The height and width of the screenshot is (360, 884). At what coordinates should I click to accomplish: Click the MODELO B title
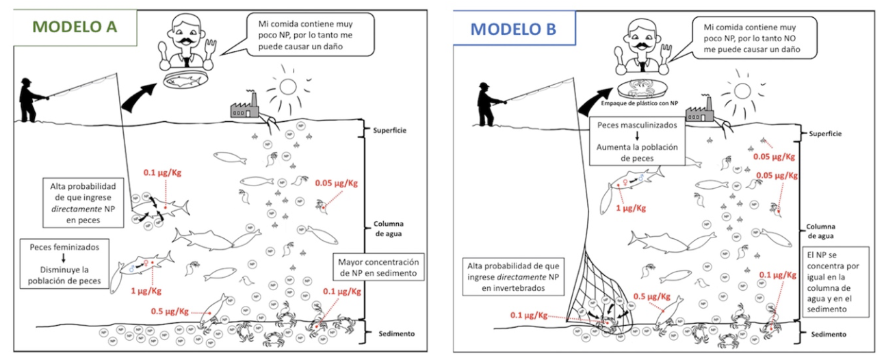513,29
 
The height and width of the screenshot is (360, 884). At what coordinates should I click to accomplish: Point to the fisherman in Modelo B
487,103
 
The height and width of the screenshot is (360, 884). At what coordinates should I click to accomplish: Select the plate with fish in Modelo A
185,80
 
